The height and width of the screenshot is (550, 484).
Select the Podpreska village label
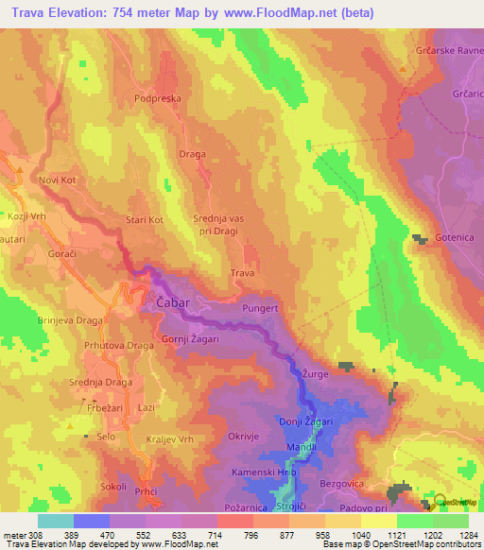[157, 97]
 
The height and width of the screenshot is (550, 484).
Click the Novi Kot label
[57, 180]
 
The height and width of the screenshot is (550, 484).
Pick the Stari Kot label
[145, 220]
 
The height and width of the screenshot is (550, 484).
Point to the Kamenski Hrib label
[256, 471]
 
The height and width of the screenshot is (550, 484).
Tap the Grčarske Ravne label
[448, 52]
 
